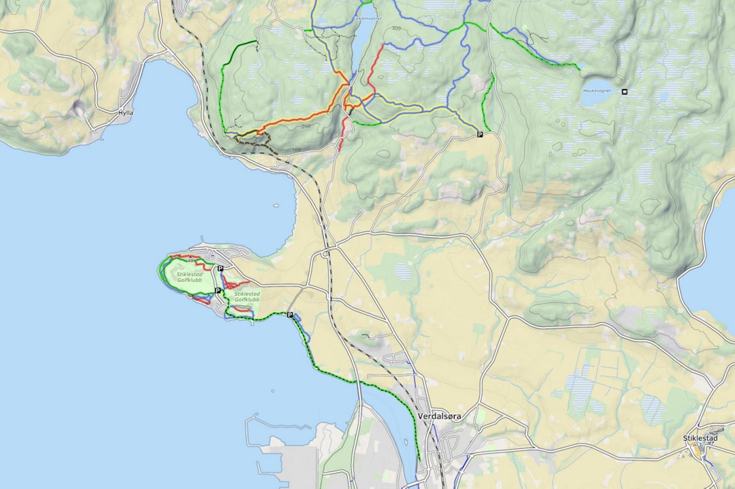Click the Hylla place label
[125, 113]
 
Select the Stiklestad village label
[700, 439]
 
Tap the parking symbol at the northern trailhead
[480, 135]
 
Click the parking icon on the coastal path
[290, 315]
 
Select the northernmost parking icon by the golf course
[220, 269]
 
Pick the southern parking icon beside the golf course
[218, 290]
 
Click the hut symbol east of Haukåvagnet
[625, 91]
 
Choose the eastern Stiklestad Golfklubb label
[247, 297]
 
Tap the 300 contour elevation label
[396, 29]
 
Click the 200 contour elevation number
[304, 127]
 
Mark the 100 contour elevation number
[296, 149]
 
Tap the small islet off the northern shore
[276, 205]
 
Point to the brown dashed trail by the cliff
[253, 139]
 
